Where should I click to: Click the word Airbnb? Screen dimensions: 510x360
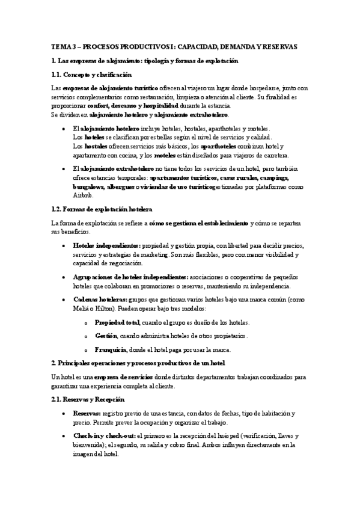point(82,195)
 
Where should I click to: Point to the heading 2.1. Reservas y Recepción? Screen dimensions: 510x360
point(88,399)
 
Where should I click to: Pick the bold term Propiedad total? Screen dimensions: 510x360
point(116,322)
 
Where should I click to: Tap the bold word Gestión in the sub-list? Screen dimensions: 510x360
point(105,336)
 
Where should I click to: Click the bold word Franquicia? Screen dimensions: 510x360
point(109,349)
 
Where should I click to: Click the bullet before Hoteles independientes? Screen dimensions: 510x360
point(64,247)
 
